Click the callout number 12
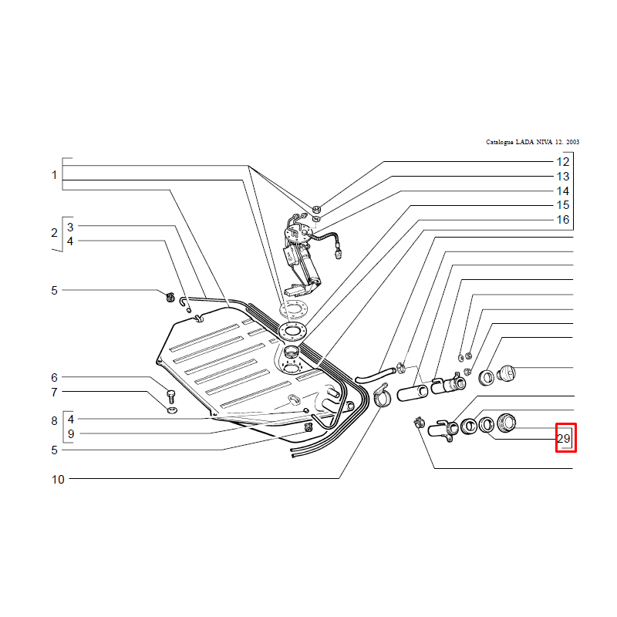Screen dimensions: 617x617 click(x=563, y=162)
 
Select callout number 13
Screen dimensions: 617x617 click(x=563, y=177)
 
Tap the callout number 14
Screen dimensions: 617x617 click(x=563, y=190)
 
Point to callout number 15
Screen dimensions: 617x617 click(x=563, y=205)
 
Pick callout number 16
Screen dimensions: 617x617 click(x=563, y=220)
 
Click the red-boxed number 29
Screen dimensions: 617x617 click(x=564, y=438)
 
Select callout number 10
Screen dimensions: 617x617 click(x=58, y=479)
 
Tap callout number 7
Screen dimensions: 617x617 click(x=54, y=392)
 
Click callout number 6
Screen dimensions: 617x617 click(x=54, y=377)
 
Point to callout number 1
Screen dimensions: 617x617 click(x=54, y=175)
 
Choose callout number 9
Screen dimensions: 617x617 click(x=71, y=433)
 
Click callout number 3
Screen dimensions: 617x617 click(x=70, y=227)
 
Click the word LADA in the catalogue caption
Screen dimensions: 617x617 click(x=524, y=142)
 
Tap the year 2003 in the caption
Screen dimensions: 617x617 click(x=572, y=142)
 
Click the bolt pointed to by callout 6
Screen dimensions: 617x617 click(x=170, y=396)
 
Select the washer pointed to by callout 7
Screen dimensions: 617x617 click(x=172, y=410)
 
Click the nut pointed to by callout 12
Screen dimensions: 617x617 click(x=316, y=208)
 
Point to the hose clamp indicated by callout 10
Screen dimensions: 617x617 click(x=382, y=395)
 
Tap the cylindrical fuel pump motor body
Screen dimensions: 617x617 click(x=310, y=268)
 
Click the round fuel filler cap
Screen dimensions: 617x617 click(x=507, y=373)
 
